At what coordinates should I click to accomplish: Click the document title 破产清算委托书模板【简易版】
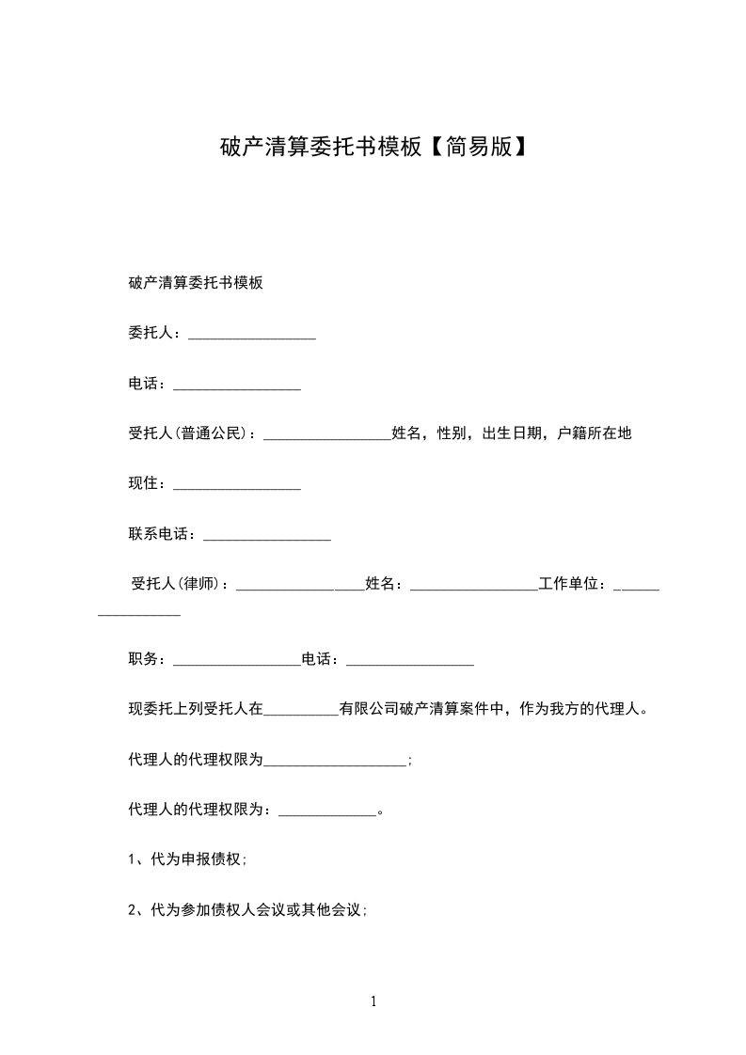373,148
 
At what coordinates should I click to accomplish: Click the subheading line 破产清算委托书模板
195,282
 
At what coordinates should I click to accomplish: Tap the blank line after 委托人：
252,335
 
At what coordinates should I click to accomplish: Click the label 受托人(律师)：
182,584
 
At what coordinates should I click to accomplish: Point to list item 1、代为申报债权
187,859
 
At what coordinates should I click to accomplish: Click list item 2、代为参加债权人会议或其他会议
247,910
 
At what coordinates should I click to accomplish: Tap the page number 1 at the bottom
373,1001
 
